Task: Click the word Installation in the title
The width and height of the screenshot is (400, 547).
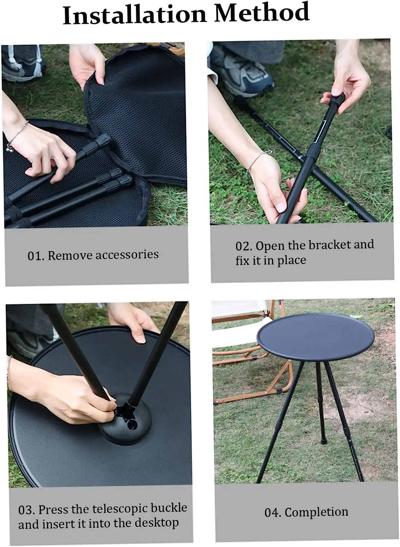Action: pos(135,15)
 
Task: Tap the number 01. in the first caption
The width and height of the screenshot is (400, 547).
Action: pos(36,256)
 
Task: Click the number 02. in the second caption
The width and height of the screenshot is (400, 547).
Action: pos(244,246)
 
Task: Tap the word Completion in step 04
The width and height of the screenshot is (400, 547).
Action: pos(316,512)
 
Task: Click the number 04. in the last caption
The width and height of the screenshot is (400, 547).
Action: pos(272,513)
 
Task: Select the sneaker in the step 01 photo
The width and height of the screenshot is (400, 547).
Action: pos(23,66)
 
